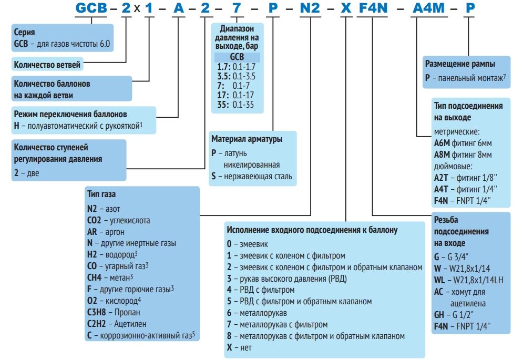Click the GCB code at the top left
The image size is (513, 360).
coord(92,9)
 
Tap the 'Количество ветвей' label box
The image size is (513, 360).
coord(47,65)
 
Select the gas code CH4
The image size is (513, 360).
coord(95,277)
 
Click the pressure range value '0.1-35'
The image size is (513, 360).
coord(243,105)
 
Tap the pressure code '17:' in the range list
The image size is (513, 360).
coord(223,95)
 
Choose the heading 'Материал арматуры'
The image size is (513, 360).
coord(247,139)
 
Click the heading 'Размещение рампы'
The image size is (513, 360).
coord(459,64)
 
